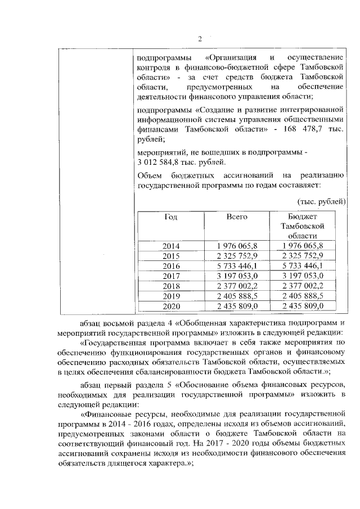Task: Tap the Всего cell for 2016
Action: [x=237, y=266]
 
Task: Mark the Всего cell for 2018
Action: [x=237, y=286]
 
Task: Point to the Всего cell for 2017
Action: [x=237, y=276]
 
